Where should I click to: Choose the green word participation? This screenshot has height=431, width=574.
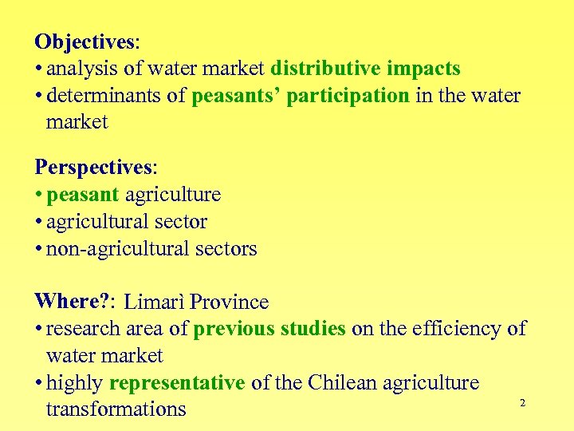pos(348,97)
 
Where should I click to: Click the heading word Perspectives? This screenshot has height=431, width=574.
pos(93,168)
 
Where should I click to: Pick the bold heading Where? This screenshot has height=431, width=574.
pos(73,302)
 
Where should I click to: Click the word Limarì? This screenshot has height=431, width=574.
pos(155,302)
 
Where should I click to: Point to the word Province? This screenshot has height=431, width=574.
pos(229,302)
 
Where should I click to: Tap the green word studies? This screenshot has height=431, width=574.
pos(313,329)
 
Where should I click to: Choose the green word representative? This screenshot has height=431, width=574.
pos(177,383)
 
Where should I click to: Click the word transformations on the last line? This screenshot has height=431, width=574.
pos(116,409)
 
